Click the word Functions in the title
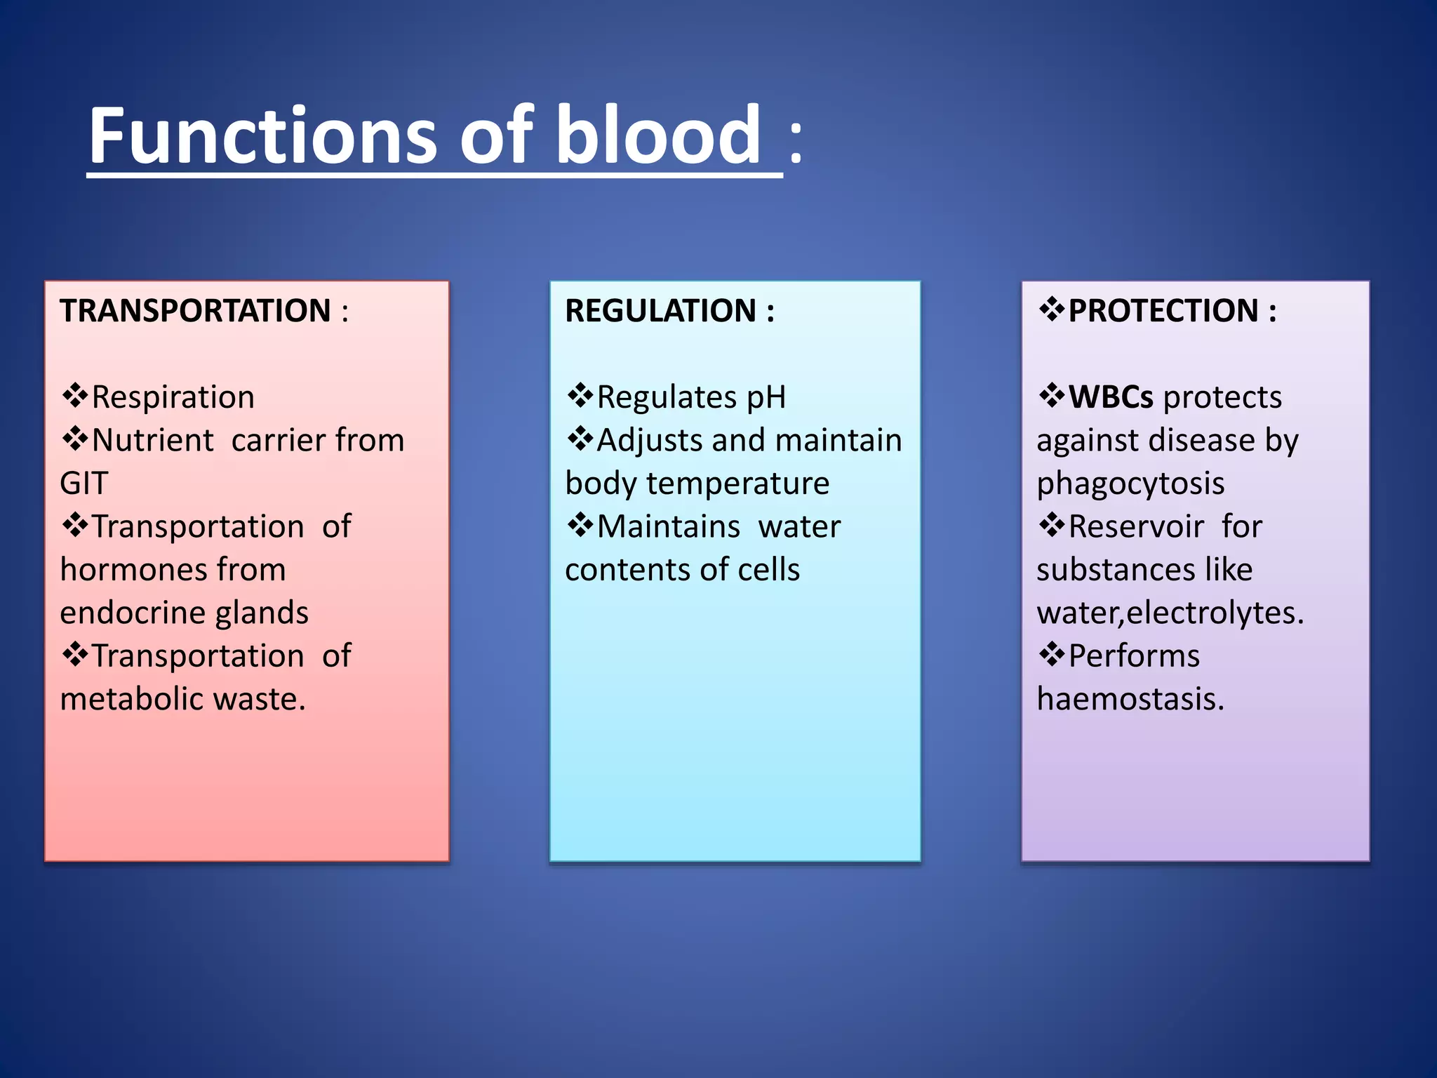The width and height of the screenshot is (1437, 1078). point(262,135)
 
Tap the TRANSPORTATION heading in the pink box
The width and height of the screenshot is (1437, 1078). point(195,311)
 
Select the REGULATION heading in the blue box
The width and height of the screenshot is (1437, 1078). point(660,311)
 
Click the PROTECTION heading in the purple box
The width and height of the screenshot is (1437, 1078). point(1163,311)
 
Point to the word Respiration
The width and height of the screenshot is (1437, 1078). point(173,397)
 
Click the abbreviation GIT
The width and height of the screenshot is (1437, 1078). point(84,484)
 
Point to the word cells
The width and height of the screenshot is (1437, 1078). point(768,570)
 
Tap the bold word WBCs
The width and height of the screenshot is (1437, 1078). point(1110,397)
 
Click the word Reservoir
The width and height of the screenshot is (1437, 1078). point(1136,526)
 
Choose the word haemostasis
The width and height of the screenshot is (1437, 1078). point(1130,699)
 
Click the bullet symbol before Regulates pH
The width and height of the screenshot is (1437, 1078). point(580,396)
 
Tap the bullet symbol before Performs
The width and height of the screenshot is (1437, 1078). point(1052,655)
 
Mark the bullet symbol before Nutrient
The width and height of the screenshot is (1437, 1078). point(75,439)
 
